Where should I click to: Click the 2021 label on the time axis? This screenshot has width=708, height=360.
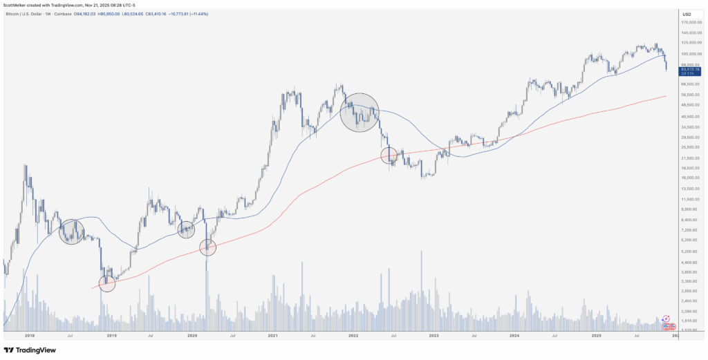272,335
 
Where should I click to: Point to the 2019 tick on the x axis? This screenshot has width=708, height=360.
111,335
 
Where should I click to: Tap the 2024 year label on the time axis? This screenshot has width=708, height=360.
514,335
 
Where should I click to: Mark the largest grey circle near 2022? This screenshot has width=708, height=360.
360,113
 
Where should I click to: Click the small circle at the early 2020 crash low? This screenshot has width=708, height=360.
208,247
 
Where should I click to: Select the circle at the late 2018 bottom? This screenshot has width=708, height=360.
106,283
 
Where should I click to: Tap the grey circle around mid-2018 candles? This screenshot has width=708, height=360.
71,231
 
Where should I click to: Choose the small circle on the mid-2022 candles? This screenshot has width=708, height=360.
389,155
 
